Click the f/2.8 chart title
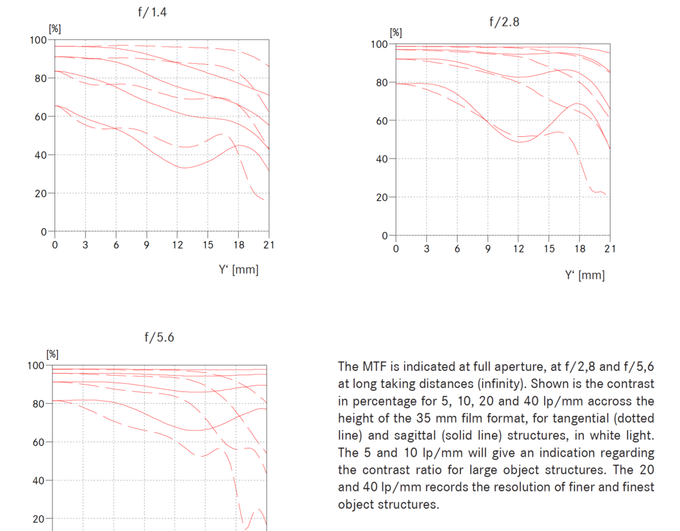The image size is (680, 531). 504,22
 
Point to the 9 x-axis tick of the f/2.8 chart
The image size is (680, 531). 488,249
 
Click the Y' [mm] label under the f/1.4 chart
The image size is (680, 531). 239,270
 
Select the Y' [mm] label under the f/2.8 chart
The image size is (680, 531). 584,275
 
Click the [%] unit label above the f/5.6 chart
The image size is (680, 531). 52,354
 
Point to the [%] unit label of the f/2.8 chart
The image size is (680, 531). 396,32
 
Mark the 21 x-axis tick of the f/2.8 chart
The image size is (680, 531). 610,249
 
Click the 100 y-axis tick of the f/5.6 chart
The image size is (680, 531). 36,366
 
